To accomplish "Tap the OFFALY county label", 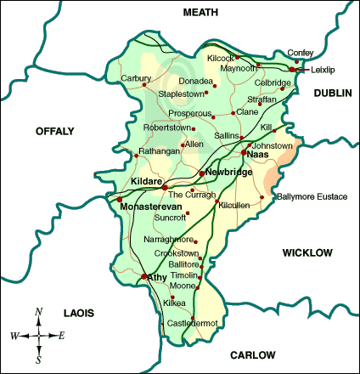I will [55, 131].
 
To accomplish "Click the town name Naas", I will [258, 155].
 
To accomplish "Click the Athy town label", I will [157, 277].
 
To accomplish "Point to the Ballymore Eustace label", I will [312, 197].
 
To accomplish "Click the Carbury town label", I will [137, 78].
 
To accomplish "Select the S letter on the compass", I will [39, 359].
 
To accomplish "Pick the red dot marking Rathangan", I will [137, 155].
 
